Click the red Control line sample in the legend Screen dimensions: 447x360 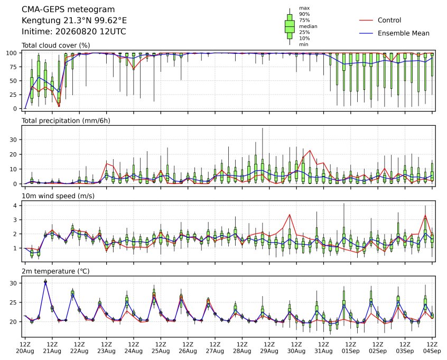point(366,20)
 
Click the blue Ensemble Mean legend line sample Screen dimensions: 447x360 point(366,33)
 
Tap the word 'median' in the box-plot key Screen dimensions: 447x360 point(308,26)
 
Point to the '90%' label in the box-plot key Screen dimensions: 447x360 point(304,14)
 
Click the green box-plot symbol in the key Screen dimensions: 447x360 point(290,26)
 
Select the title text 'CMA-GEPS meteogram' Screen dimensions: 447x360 point(68,10)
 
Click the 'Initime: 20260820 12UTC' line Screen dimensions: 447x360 point(74,31)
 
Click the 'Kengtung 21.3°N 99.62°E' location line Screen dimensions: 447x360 point(74,21)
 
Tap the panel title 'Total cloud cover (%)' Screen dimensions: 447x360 point(56,45)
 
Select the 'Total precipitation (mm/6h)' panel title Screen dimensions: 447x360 point(66,121)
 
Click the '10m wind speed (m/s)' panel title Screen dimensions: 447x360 point(58,196)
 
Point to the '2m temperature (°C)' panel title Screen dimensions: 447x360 point(55,271)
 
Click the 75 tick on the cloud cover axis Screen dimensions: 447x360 point(13,67)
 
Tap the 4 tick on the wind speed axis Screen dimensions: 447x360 point(15,206)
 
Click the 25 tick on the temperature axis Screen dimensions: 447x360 point(13,302)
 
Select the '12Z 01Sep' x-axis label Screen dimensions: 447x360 point(351,348)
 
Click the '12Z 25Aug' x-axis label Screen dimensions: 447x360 point(161,348)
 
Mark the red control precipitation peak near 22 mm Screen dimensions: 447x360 point(310,150)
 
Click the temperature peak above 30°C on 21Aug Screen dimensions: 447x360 point(45,282)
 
